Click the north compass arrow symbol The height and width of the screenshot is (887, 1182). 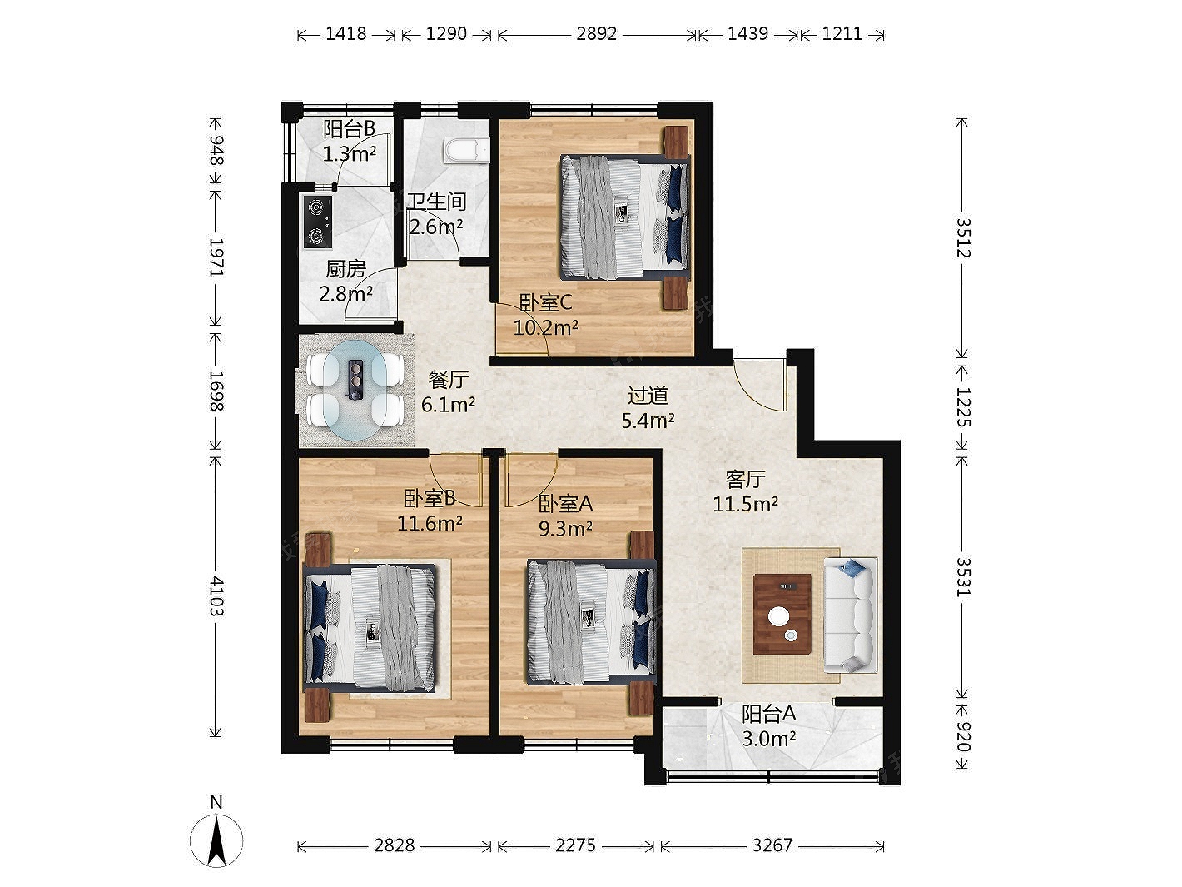pos(216,840)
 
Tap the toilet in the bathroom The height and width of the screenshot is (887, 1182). pos(466,150)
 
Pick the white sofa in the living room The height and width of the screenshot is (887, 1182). pos(850,615)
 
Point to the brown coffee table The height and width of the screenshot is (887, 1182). pos(782,614)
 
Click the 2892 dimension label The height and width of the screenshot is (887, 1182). pos(596,34)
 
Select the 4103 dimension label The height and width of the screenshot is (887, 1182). pos(216,596)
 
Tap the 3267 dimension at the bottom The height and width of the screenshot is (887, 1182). pos(772,845)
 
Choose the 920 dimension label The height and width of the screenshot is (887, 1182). pos(961,736)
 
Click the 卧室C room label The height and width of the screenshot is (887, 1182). pos(545,302)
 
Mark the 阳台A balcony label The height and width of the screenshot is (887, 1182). pos(768,714)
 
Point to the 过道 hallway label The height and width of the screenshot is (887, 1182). pos(648,396)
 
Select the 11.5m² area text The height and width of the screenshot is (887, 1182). pos(745,504)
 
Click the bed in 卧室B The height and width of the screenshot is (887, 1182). pos(370,628)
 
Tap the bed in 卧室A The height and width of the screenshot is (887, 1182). pos(591,623)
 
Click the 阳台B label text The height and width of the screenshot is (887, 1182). pos(349,129)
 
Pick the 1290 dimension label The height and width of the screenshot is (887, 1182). pos(446,34)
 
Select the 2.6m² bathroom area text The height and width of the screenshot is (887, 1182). pos(435,227)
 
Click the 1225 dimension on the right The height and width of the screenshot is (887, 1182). pos(961,407)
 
